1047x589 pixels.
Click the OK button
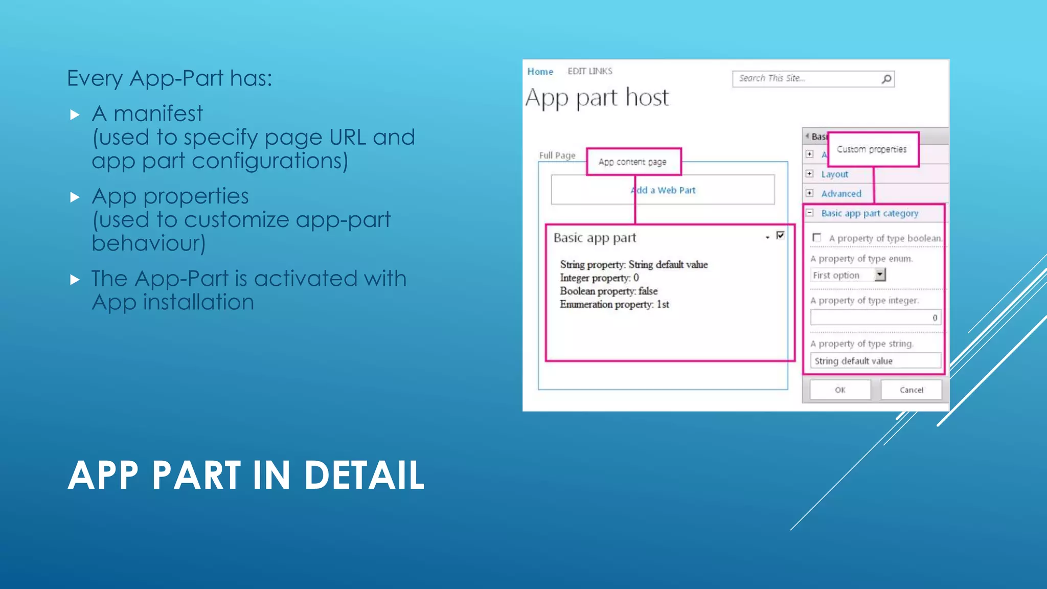pyautogui.click(x=840, y=390)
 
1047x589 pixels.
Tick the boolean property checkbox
pyautogui.click(x=817, y=238)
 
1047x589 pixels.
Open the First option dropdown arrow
pyautogui.click(x=880, y=275)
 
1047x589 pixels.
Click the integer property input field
pyautogui.click(x=875, y=318)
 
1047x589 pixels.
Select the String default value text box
pyautogui.click(x=875, y=361)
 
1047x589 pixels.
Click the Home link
pyautogui.click(x=540, y=72)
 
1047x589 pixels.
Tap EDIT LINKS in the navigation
pyautogui.click(x=589, y=71)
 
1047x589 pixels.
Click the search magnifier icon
pyautogui.click(x=886, y=79)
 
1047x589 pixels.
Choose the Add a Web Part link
pyautogui.click(x=663, y=190)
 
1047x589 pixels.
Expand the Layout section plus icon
pyautogui.click(x=809, y=174)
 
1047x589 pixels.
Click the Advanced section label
pyautogui.click(x=841, y=194)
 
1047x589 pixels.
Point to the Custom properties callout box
pyautogui.click(x=873, y=149)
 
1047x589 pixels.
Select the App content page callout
pyautogui.click(x=633, y=162)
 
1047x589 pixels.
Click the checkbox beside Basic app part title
pyautogui.click(x=780, y=235)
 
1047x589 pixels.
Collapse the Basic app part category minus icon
pyautogui.click(x=809, y=213)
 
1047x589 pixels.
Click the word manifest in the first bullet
pyautogui.click(x=158, y=114)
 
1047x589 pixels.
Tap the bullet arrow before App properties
pyautogui.click(x=75, y=197)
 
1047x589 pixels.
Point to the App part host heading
pyautogui.click(x=597, y=97)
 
